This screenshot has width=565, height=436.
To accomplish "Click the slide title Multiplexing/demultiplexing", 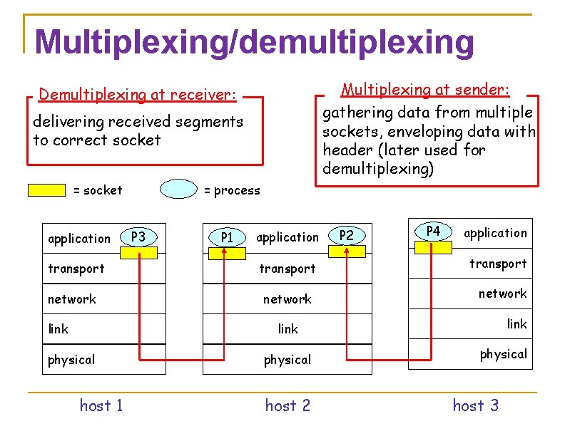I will (253, 42).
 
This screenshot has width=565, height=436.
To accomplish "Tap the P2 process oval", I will (346, 236).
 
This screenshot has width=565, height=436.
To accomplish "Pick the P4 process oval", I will (433, 231).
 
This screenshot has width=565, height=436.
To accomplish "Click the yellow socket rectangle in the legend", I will (46, 190).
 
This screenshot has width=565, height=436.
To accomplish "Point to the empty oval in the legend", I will (178, 190).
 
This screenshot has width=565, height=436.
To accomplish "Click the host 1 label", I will (101, 406).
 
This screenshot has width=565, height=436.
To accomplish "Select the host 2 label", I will (287, 406).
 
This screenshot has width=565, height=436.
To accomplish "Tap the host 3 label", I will (475, 406).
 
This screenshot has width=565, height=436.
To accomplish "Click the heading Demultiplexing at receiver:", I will (138, 95).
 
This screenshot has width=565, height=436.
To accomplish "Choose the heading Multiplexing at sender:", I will (425, 90).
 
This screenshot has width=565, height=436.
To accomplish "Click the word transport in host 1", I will (76, 269).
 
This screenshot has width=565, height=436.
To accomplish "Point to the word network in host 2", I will (287, 299).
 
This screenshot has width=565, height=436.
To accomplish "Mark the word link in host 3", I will (516, 324).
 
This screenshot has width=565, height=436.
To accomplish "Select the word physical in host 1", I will (71, 360).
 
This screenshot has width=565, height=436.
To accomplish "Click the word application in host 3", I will (495, 233).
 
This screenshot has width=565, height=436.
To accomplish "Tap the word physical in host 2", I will (287, 360).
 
